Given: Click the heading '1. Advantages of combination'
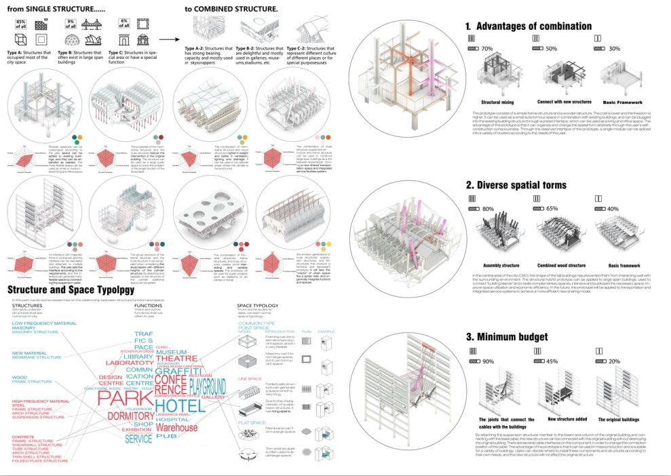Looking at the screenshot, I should (x=528, y=26).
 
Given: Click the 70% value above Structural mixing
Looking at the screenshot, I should (x=486, y=49).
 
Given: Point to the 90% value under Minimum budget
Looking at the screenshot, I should (x=486, y=361).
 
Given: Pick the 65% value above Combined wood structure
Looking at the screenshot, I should (x=552, y=209).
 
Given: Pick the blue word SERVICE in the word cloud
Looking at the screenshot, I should (x=138, y=439).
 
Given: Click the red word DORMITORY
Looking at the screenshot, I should (x=131, y=416).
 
